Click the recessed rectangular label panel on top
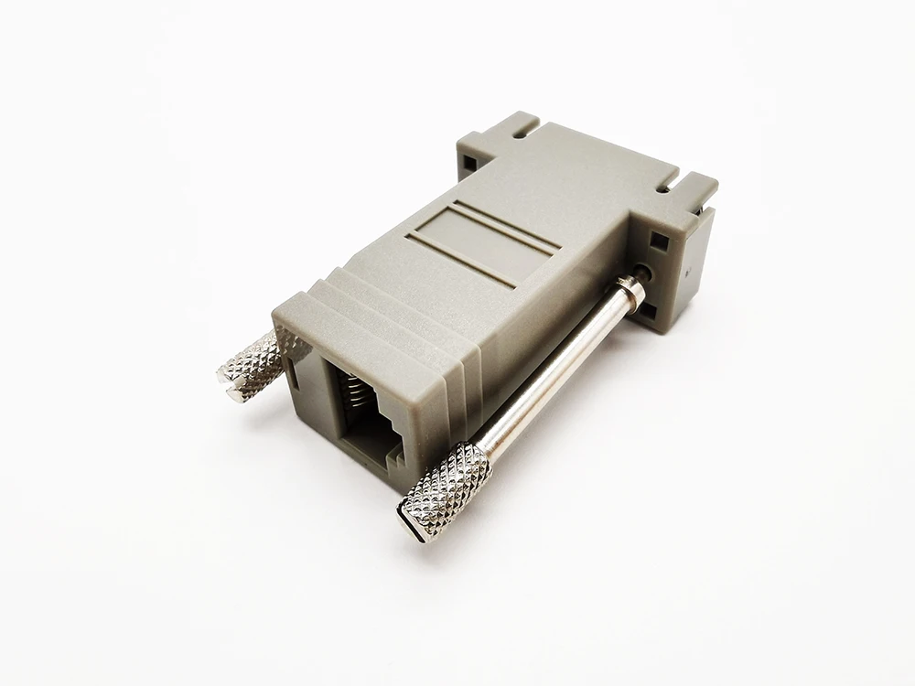click(479, 242)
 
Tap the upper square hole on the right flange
click(659, 242)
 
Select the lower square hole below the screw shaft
click(646, 311)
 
